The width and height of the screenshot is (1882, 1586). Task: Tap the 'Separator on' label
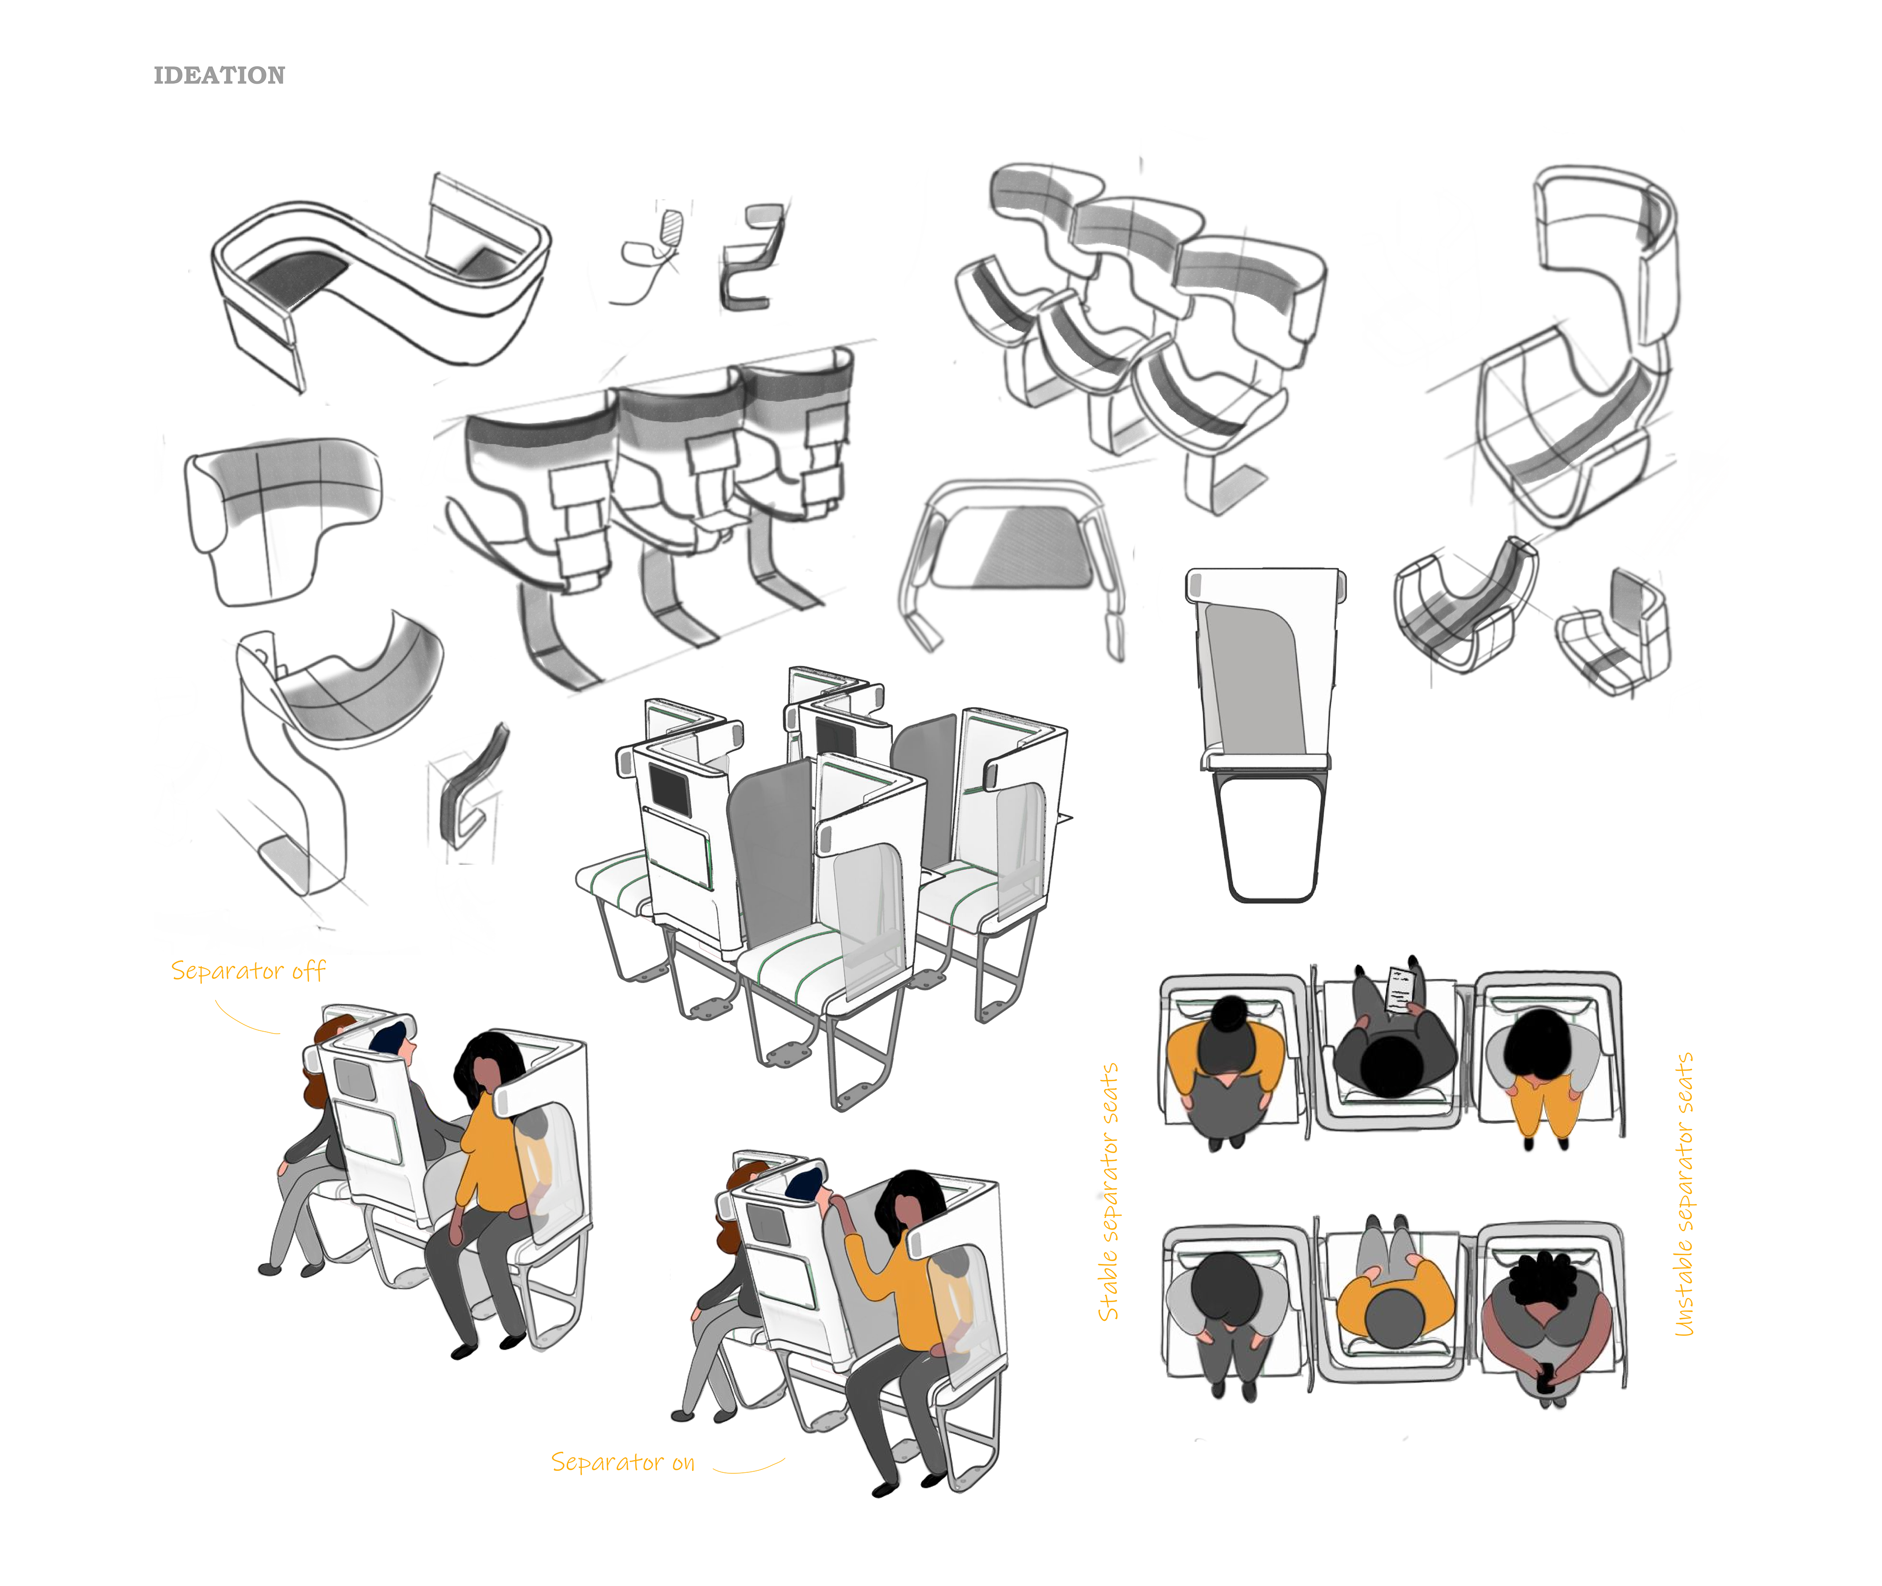pyautogui.click(x=622, y=1463)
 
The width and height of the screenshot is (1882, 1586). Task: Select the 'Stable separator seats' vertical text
pyautogui.click(x=1109, y=1191)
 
